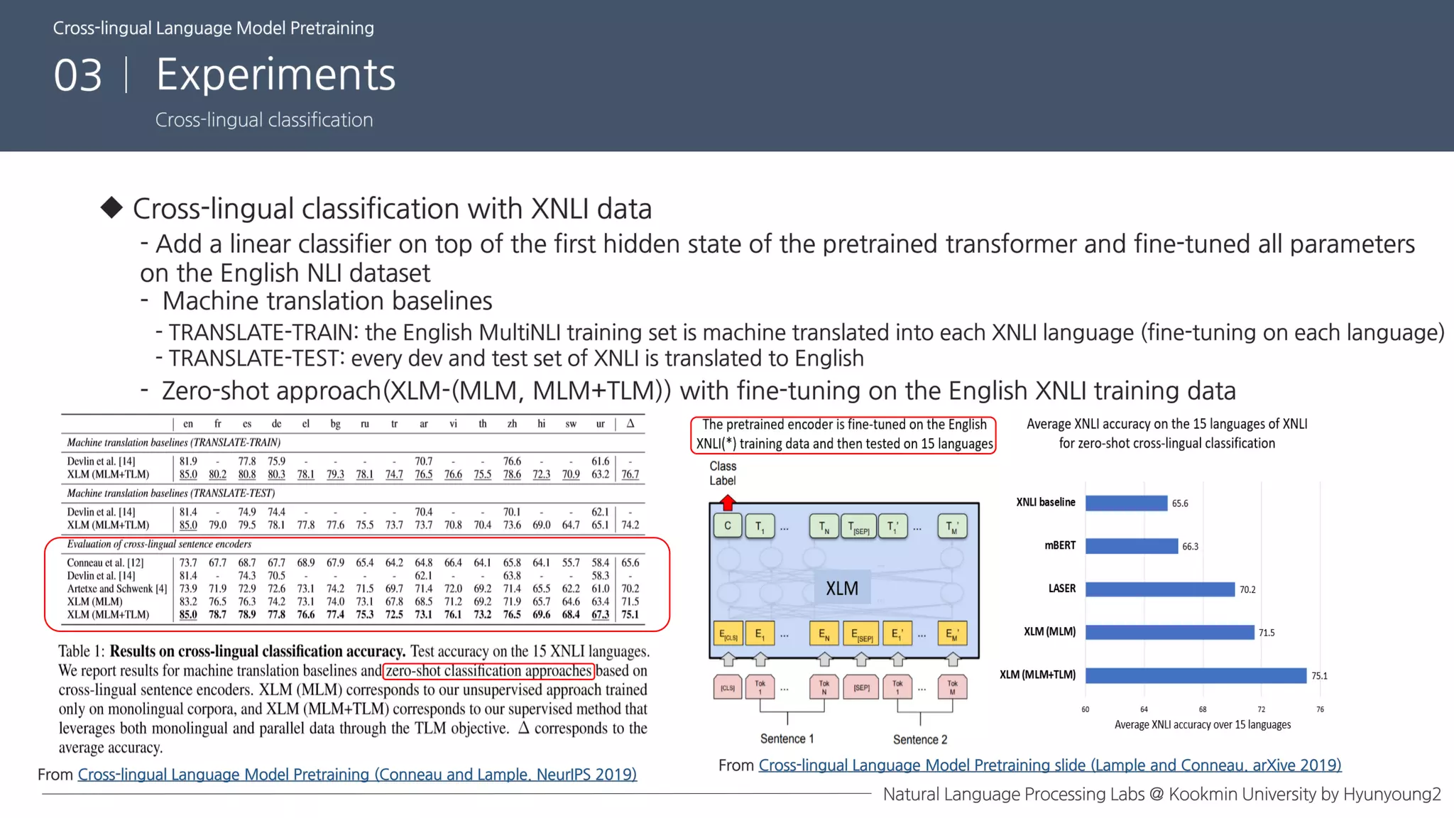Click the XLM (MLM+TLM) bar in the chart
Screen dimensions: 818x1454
[x=1196, y=675]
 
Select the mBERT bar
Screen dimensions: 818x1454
[x=1131, y=546]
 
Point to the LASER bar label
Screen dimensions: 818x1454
[x=1061, y=589]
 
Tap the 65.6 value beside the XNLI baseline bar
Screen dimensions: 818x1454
[x=1180, y=503]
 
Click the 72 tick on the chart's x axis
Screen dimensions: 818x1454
[x=1261, y=709]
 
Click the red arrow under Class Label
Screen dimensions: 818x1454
[x=727, y=503]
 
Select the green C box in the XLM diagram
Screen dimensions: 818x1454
[x=727, y=526]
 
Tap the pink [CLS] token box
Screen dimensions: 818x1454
[x=728, y=687]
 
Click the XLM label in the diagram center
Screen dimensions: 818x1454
[x=842, y=589]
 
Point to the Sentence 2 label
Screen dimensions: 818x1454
[x=920, y=739]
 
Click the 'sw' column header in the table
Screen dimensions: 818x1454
[x=571, y=424]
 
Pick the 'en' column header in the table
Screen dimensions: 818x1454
[x=188, y=424]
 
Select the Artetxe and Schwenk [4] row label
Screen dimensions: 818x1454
[x=117, y=589]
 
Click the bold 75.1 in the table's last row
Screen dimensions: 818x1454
[x=630, y=615]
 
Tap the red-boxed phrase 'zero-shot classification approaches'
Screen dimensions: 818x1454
[x=488, y=670]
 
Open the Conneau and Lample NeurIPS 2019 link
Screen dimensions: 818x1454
[x=357, y=774]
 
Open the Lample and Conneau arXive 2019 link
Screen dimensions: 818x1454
[x=1049, y=765]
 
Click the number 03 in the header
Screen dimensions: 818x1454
[x=78, y=75]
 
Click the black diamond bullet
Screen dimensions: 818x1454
[x=111, y=207]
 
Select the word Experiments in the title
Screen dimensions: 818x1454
[x=275, y=75]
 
